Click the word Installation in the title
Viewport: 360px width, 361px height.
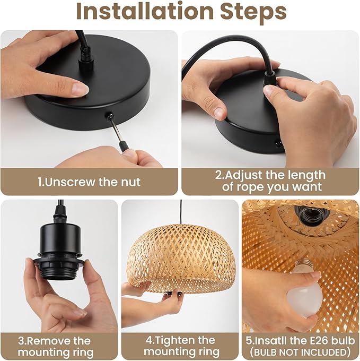[145, 11]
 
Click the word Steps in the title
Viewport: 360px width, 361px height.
[253, 12]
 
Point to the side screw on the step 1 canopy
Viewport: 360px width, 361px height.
[109, 115]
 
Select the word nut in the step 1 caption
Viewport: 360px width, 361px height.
[130, 182]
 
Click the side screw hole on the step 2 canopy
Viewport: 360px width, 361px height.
[278, 145]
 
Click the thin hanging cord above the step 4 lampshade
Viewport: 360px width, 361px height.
[181, 212]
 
